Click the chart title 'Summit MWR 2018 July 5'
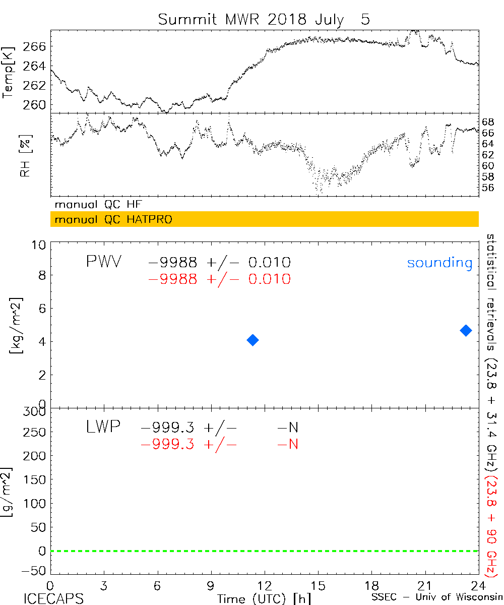[264, 19]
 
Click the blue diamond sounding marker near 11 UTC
[253, 340]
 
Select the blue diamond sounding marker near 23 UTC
[466, 330]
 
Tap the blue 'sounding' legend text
[440, 263]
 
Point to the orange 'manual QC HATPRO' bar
[264, 220]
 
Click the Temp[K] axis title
[8, 74]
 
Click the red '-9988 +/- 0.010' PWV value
[219, 279]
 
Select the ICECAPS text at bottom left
[53, 598]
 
